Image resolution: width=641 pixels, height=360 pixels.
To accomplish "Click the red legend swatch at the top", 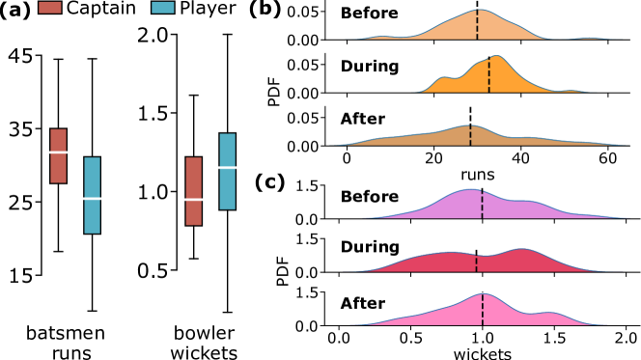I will (x=49, y=7).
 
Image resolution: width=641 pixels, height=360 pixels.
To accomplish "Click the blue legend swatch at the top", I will (x=163, y=7).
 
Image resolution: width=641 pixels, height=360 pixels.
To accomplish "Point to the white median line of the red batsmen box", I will (x=58, y=152).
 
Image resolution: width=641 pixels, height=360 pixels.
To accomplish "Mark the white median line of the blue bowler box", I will (x=227, y=167).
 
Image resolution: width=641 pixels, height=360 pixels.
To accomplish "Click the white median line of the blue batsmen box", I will (x=92, y=199).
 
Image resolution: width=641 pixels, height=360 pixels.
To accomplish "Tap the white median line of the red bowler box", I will (x=193, y=199).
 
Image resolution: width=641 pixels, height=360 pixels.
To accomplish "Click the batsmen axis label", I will (x=73, y=335).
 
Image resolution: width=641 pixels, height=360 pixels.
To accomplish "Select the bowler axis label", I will (x=209, y=335).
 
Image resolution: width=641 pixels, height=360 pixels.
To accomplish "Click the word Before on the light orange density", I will (x=369, y=14).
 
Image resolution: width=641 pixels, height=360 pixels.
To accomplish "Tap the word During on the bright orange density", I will (x=369, y=67).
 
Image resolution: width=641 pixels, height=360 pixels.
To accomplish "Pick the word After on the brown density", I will (x=362, y=120).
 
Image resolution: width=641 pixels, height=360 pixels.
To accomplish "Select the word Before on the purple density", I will (x=369, y=197).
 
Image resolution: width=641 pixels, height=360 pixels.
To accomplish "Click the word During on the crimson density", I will (x=369, y=248).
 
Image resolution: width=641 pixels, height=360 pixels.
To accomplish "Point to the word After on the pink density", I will (x=362, y=304).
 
